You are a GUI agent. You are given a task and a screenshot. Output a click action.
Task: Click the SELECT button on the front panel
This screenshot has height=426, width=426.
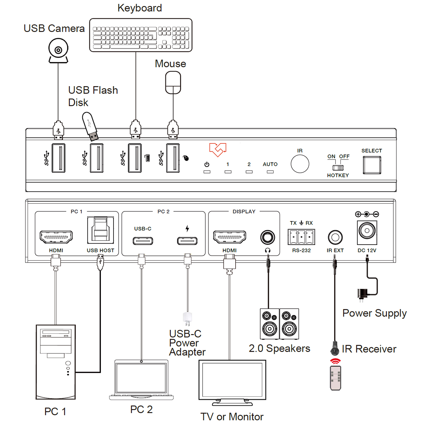click(372, 165)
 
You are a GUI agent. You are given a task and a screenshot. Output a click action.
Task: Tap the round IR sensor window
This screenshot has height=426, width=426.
click(300, 164)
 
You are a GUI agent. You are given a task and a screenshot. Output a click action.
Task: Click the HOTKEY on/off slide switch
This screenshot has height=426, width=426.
click(338, 168)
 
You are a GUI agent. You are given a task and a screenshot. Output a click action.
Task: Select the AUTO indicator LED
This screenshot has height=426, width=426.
click(270, 172)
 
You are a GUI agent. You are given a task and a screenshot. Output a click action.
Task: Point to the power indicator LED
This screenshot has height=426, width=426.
click(207, 172)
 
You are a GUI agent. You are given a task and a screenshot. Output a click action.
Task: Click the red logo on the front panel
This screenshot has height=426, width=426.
click(218, 150)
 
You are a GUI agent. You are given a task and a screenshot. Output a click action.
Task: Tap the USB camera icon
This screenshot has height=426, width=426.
click(58, 51)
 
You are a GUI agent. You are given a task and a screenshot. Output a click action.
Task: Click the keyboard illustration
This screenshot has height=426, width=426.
click(140, 35)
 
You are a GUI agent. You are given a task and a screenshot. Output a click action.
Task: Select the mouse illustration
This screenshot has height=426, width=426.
click(173, 83)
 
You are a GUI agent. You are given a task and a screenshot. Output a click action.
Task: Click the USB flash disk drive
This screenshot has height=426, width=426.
click(90, 126)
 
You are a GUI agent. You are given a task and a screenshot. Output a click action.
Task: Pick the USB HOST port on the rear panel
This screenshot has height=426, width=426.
click(101, 230)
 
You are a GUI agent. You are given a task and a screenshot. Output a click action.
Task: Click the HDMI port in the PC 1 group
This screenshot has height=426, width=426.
click(56, 237)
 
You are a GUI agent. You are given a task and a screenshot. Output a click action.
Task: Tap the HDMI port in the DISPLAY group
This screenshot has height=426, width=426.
click(229, 237)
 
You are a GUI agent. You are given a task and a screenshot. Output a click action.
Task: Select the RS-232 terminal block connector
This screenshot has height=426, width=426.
click(301, 237)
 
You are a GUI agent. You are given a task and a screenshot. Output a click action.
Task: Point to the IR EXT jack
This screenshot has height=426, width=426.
click(335, 237)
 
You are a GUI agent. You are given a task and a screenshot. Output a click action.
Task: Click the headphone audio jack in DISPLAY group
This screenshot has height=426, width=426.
click(268, 237)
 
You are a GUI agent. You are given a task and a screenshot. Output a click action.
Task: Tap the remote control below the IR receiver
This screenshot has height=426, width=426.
click(335, 378)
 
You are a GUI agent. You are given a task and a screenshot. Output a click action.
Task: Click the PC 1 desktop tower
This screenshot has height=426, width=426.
click(56, 362)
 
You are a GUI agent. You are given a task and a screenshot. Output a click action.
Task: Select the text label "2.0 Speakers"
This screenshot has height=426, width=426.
click(280, 349)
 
